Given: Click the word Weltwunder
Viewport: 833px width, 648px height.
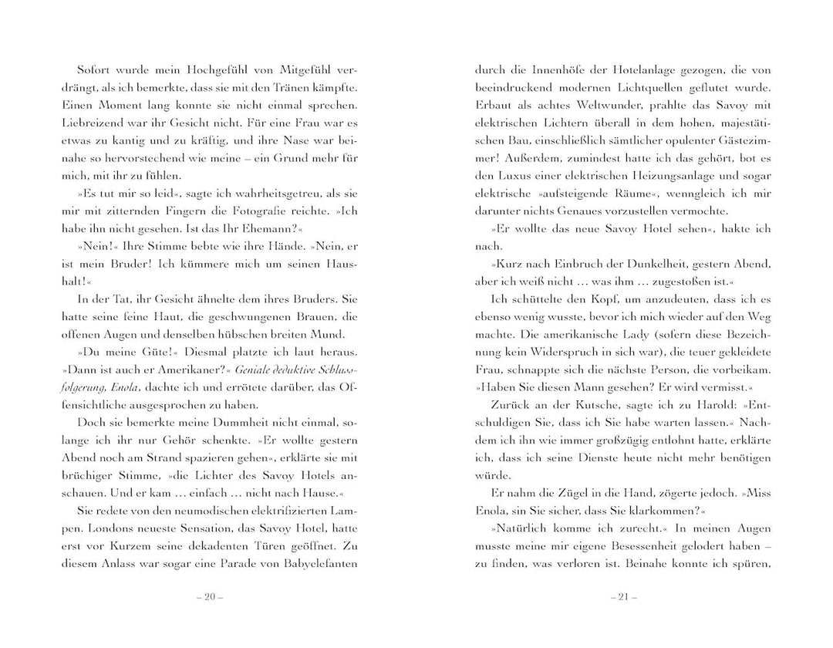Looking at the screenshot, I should [589, 105].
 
